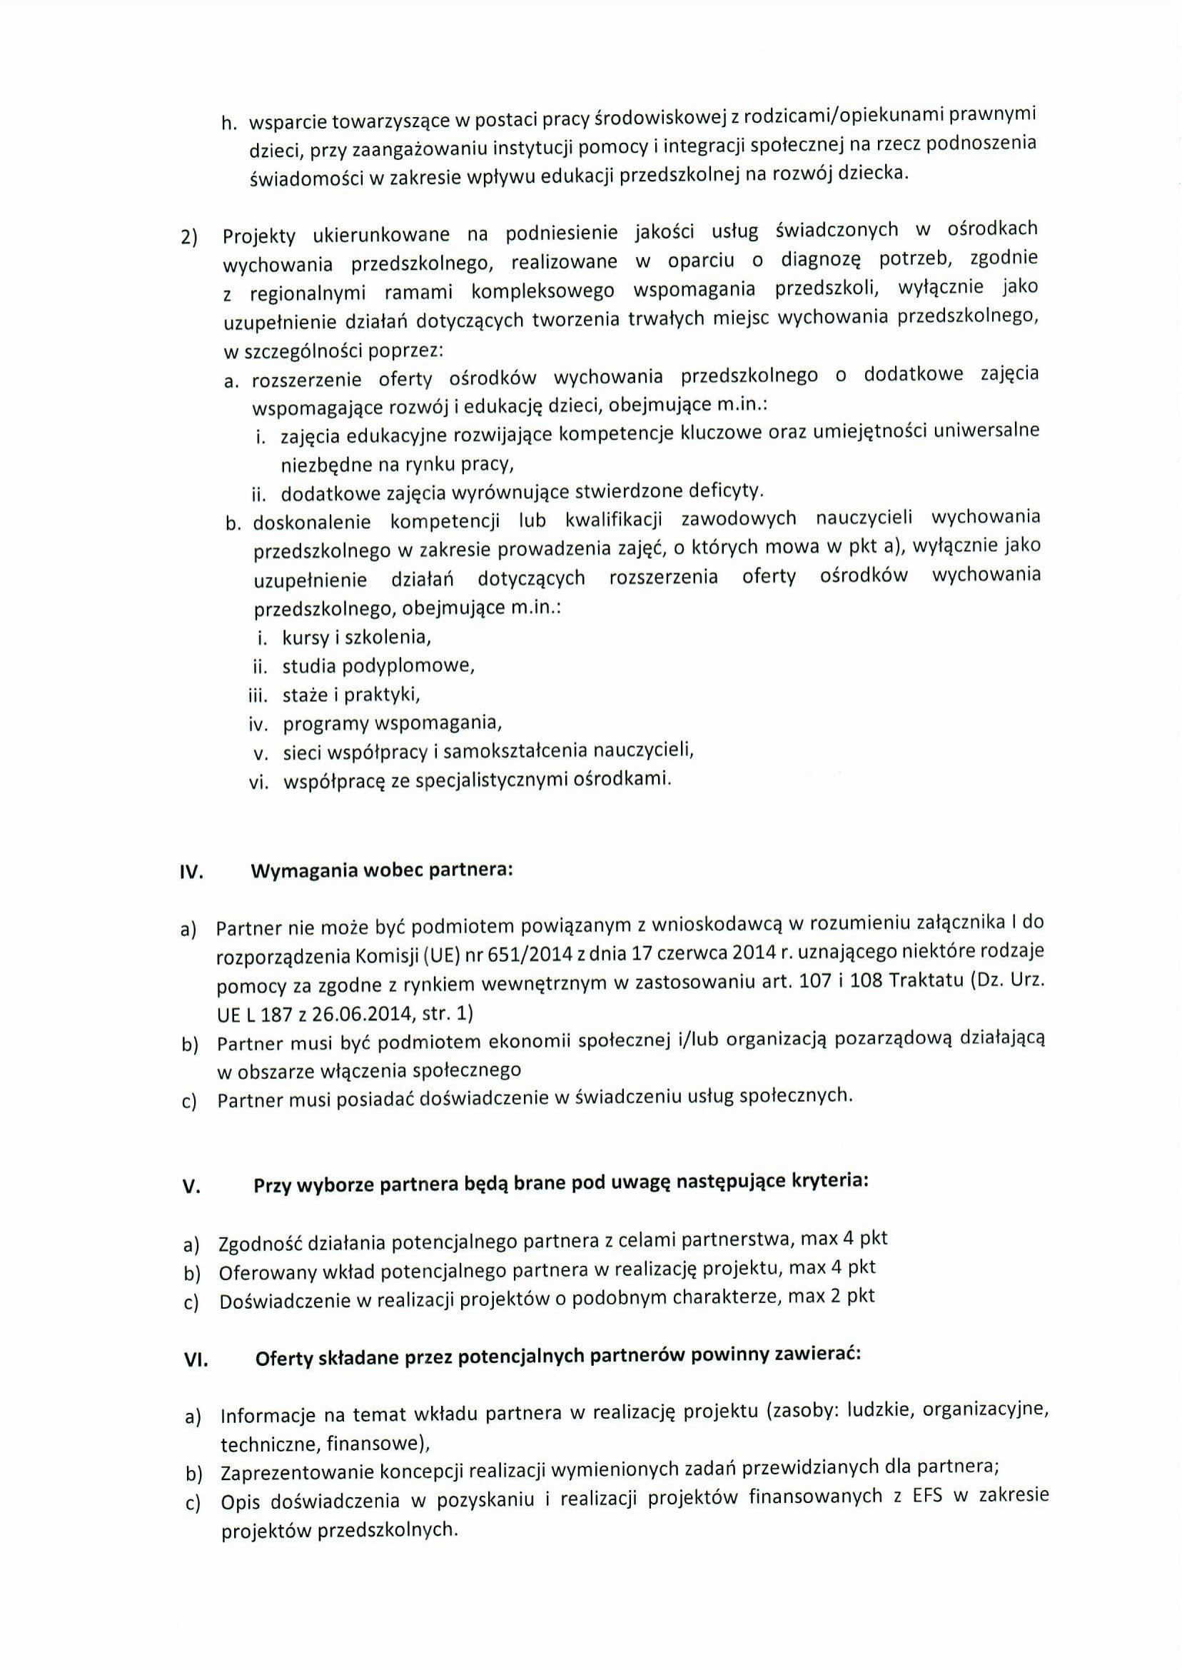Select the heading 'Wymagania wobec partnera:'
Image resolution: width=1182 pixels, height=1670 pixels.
[x=381, y=870]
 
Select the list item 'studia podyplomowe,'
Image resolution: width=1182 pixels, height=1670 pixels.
[x=378, y=666]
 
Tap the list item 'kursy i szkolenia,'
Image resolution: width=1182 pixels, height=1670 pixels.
[x=357, y=638]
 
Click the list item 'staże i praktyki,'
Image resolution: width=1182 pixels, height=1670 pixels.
[x=352, y=695]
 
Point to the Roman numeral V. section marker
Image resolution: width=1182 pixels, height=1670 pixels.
[x=191, y=1187]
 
